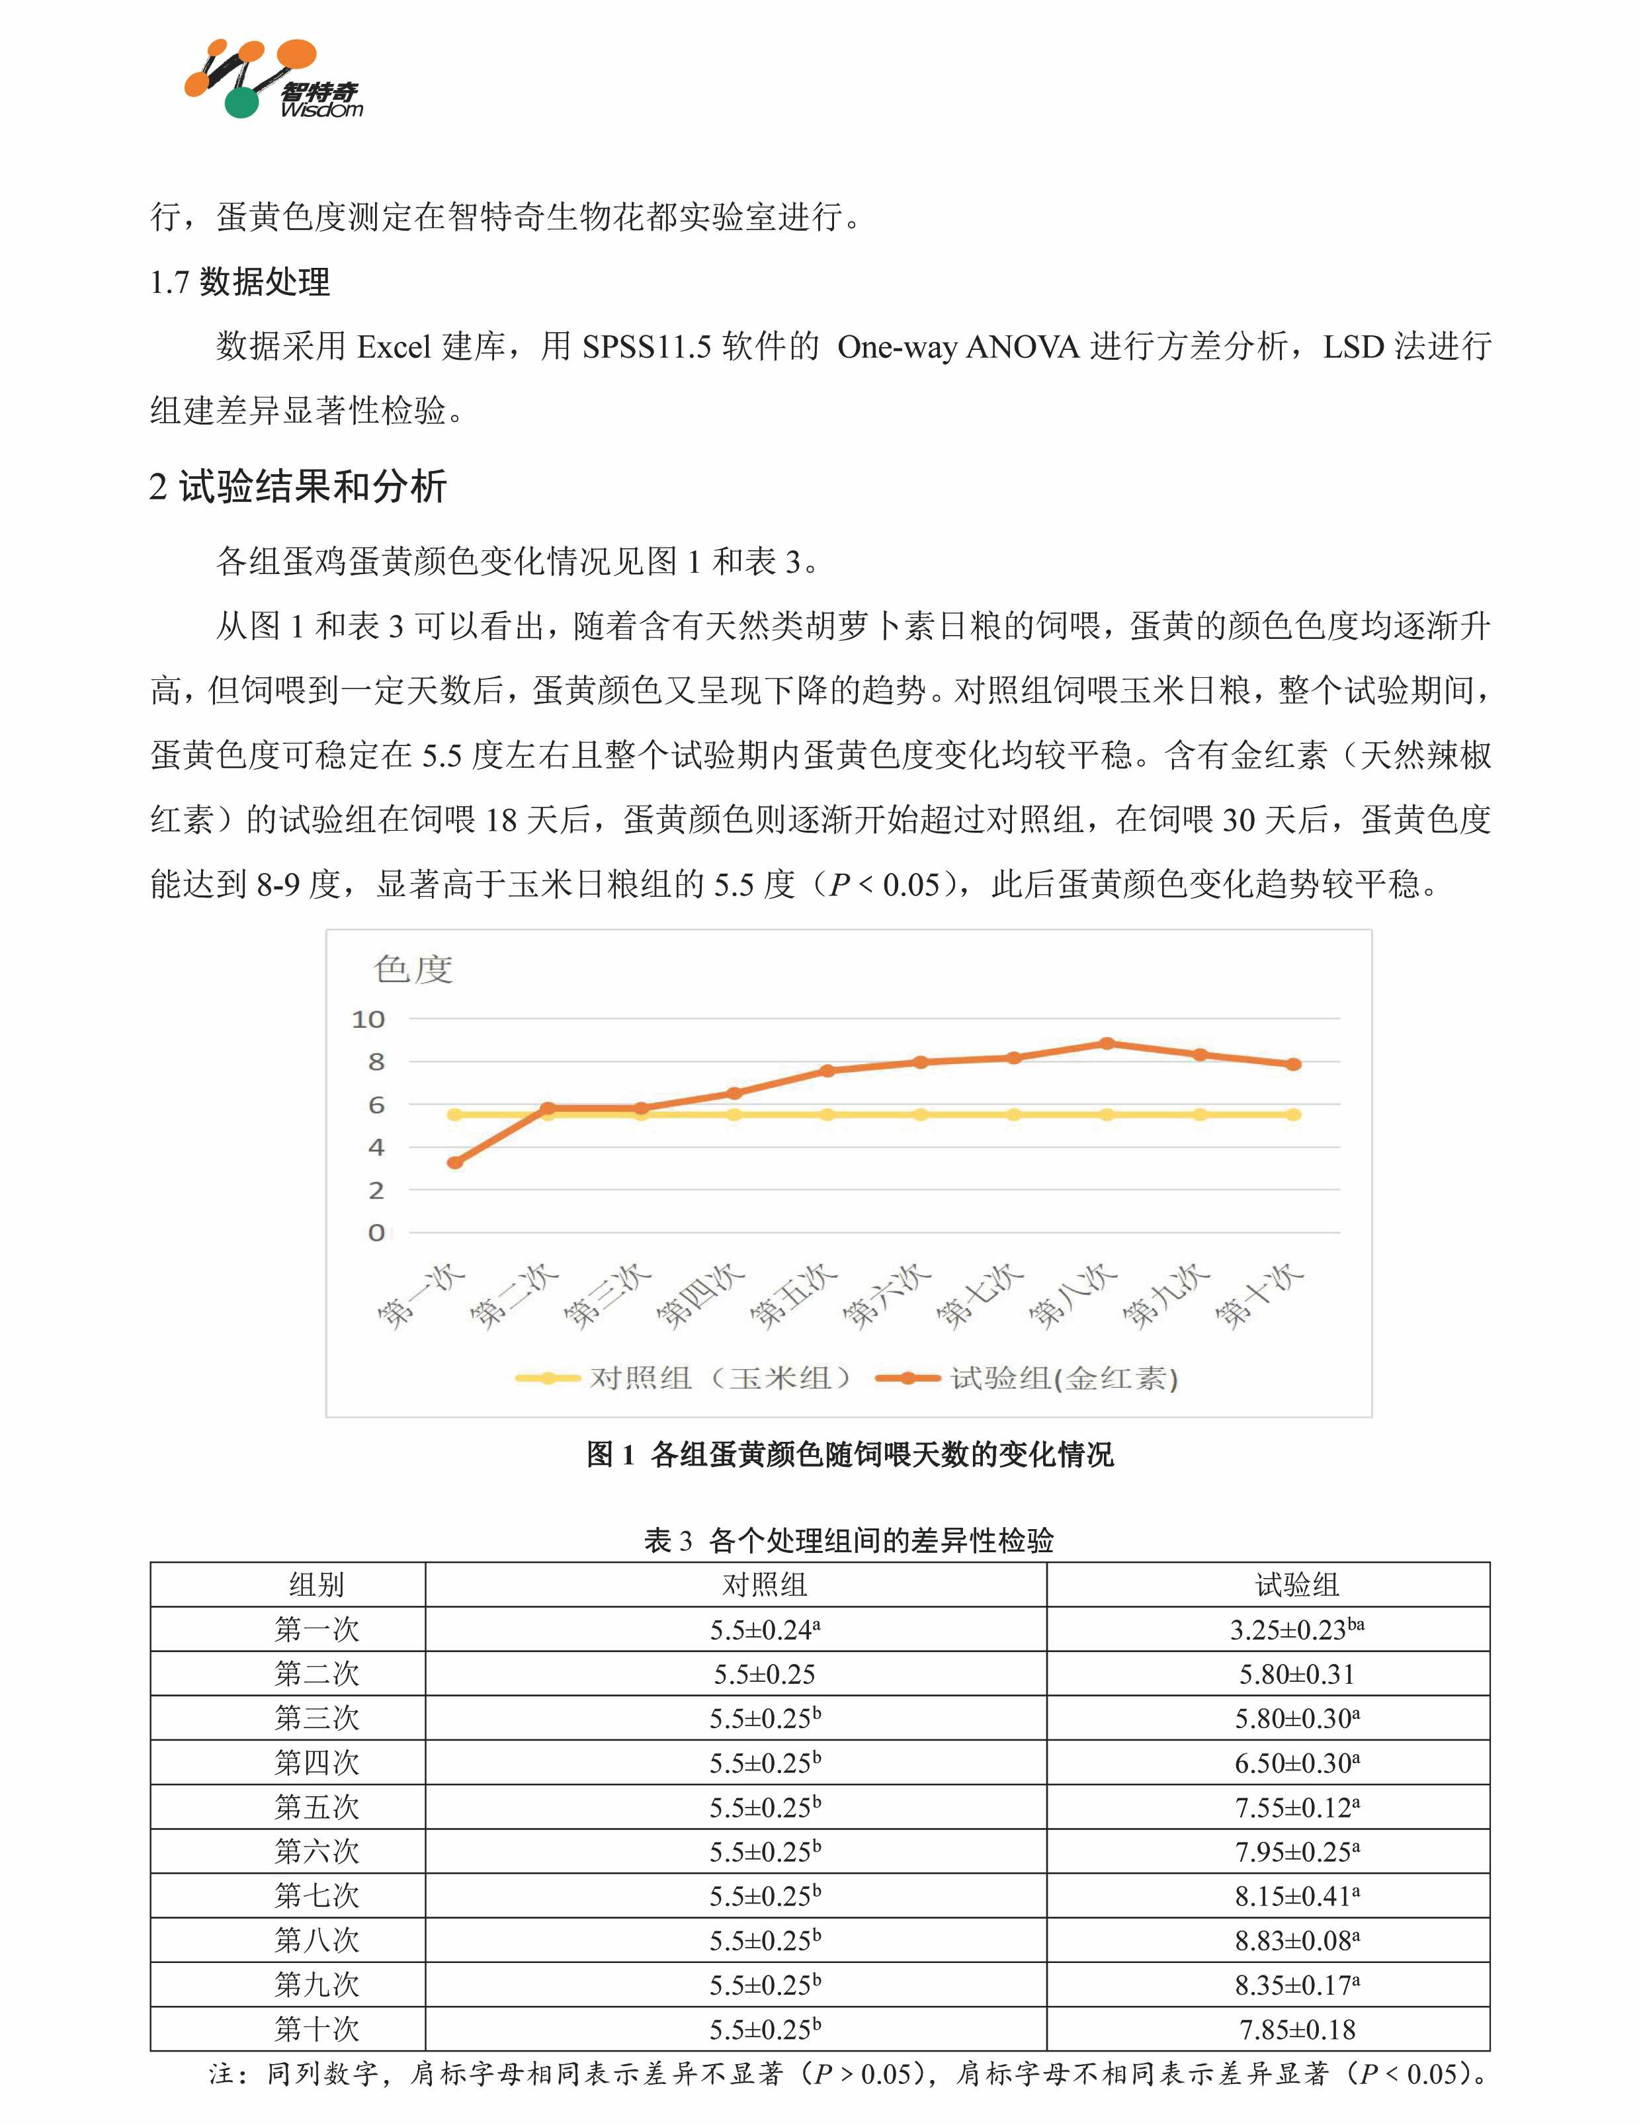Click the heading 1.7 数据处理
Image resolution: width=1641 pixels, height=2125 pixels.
[x=239, y=282]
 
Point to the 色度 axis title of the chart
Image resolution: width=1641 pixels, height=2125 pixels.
[x=413, y=969]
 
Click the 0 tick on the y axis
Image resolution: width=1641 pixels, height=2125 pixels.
[x=376, y=1233]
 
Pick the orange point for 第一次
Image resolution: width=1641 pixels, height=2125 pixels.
[x=454, y=1163]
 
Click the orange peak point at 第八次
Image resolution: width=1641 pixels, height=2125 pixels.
[x=1107, y=1043]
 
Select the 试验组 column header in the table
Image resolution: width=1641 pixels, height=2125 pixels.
[x=1296, y=1585]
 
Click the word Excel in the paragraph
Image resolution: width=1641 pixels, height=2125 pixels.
[x=394, y=347]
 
